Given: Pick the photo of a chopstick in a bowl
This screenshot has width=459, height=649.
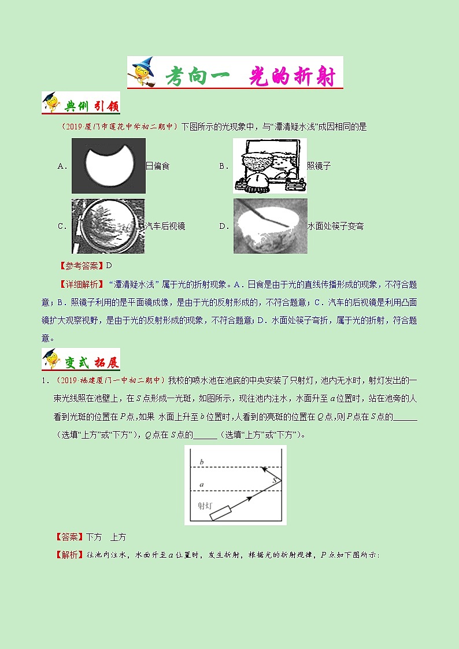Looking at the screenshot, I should tap(270, 226).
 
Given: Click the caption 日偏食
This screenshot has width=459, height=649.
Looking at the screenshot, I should tap(158, 166).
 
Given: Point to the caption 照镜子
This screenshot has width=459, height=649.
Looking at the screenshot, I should tap(319, 166).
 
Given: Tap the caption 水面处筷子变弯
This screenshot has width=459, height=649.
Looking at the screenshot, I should tap(335, 227).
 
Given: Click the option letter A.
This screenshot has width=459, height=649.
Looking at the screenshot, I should tap(61, 166).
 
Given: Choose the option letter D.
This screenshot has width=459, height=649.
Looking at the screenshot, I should tap(223, 227).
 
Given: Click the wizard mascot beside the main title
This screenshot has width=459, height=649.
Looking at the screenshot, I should tap(142, 72).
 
